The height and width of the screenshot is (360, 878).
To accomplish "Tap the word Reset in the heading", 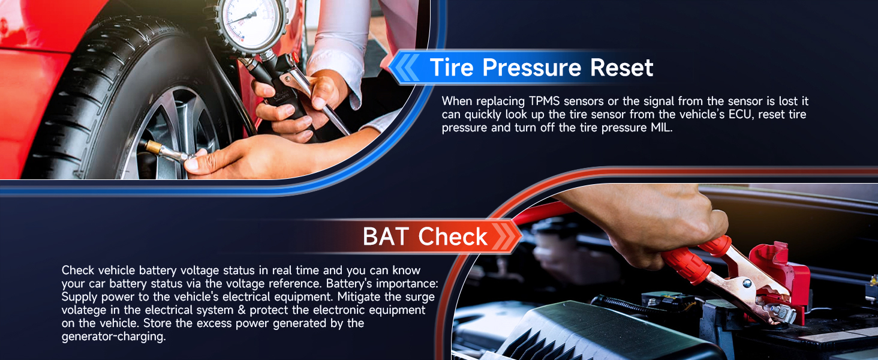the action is pos(622,67).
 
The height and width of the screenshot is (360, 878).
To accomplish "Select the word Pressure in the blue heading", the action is pos(532,67).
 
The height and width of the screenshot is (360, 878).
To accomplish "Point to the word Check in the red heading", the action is pos(453,236).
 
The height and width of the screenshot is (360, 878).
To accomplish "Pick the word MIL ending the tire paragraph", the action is pos(661,128).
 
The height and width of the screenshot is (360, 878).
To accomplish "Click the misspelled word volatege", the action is pos(84,310).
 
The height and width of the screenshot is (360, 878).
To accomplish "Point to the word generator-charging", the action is pos(114,337).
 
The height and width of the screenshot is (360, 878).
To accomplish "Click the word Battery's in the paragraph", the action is pos(346,284).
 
